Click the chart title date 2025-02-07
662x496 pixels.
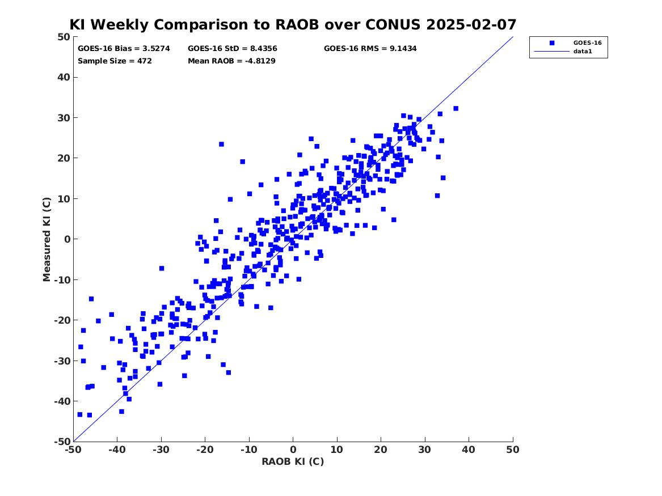[x=471, y=24]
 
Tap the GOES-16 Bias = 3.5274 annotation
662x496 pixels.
[x=124, y=49]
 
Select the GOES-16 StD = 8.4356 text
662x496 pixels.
[x=233, y=49]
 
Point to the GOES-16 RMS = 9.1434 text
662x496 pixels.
[x=370, y=49]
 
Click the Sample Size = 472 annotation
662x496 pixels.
[x=115, y=61]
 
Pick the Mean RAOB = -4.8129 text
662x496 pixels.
[x=232, y=61]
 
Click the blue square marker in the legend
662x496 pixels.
[x=552, y=43]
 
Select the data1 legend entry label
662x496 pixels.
[x=583, y=51]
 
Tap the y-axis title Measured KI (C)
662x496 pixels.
[x=47, y=239]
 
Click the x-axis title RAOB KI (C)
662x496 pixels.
[x=293, y=461]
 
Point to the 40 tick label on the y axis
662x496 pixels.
[x=64, y=77]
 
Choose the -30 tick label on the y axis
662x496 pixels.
[x=62, y=361]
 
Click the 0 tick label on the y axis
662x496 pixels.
[x=67, y=239]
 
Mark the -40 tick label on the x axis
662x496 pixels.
[x=117, y=450]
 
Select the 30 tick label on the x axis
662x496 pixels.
[x=425, y=450]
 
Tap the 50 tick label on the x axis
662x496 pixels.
[x=513, y=450]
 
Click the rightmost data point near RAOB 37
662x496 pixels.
[x=456, y=108]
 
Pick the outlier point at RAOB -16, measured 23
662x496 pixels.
[x=221, y=144]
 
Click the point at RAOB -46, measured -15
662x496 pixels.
[x=91, y=299]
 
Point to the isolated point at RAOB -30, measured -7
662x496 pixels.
[x=161, y=268]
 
